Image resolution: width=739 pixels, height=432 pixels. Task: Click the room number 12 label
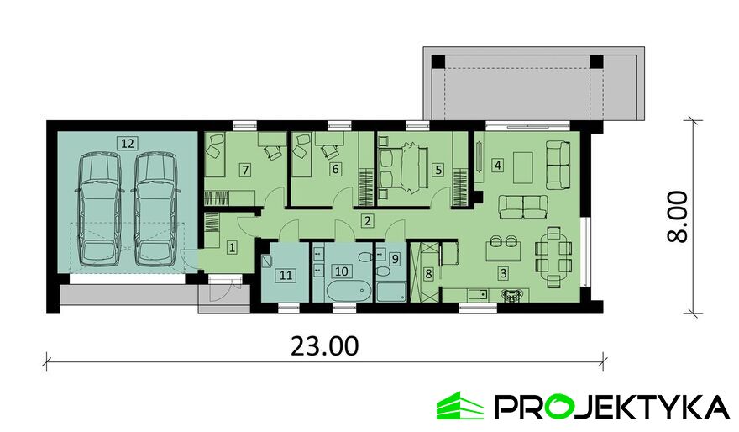[x=128, y=143]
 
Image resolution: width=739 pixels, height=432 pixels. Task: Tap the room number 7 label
[x=244, y=169]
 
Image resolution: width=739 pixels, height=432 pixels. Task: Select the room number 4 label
[x=498, y=165]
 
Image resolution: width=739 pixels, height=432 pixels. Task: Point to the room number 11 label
[x=286, y=275]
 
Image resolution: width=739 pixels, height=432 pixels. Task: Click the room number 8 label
[x=428, y=274]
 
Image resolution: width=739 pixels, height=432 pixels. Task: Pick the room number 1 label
[x=232, y=246]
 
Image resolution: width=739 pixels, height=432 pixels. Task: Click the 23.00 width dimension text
[x=324, y=346]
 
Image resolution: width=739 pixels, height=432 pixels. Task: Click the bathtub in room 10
[x=349, y=291]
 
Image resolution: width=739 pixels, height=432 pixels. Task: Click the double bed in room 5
[x=402, y=168]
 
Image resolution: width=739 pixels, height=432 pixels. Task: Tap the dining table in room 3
[x=553, y=256]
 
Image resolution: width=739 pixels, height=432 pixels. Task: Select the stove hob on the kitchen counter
[x=512, y=295]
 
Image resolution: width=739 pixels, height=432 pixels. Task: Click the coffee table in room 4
[x=522, y=168]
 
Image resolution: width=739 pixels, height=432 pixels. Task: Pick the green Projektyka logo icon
[x=459, y=406]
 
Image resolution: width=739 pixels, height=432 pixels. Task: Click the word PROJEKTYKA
[x=611, y=407]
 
